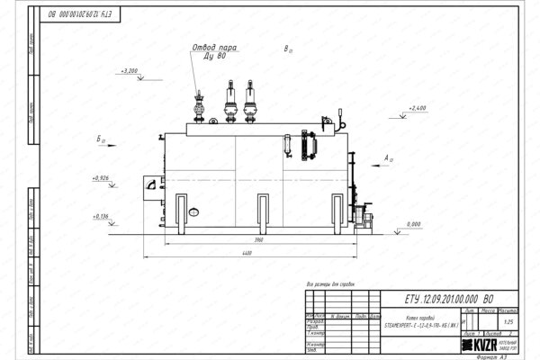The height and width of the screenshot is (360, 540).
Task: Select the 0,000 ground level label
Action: tap(415, 222)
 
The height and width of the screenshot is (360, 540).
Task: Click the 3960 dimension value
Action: tap(257, 241)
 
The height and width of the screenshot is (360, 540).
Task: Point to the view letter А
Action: tap(387, 158)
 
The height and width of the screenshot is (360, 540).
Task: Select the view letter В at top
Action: tap(285, 49)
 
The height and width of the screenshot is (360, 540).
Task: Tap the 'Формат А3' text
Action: tap(499, 354)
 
